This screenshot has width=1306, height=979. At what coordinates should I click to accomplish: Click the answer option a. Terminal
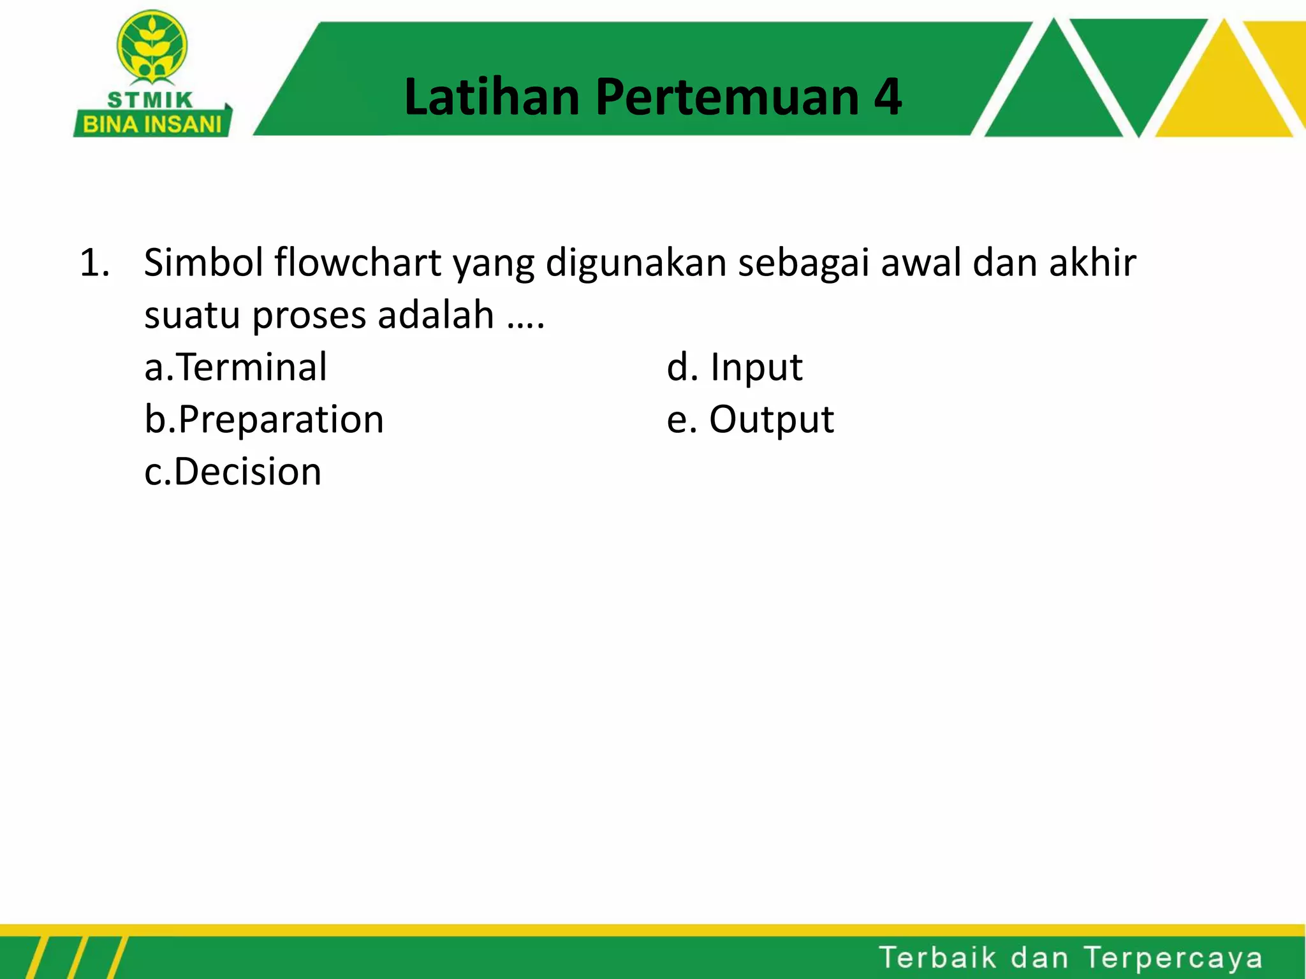pos(236,368)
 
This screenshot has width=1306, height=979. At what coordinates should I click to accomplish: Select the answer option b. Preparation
pos(264,421)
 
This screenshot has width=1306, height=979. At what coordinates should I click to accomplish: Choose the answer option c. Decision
pos(233,472)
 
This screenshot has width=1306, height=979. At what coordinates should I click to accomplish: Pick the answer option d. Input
pos(735,368)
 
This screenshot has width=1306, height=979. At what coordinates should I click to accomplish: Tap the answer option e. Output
pos(750,420)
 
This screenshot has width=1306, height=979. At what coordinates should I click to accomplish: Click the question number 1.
pos(94,263)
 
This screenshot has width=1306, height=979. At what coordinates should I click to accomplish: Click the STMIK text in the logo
pos(150,100)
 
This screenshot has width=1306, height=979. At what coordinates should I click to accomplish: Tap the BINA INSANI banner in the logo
pos(152,124)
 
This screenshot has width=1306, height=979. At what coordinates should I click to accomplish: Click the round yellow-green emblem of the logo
pos(152,48)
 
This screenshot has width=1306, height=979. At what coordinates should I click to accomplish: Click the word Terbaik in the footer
pos(937,958)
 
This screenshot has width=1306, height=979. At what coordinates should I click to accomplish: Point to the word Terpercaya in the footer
pos(1172,958)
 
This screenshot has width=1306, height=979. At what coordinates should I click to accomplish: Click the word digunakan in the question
pos(636,263)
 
